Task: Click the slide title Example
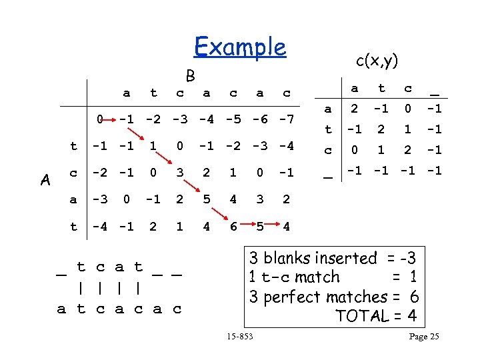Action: click(x=239, y=47)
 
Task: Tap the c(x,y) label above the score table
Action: click(x=377, y=61)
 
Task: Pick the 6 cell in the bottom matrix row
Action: click(x=233, y=227)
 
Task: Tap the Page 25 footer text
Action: click(x=423, y=337)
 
